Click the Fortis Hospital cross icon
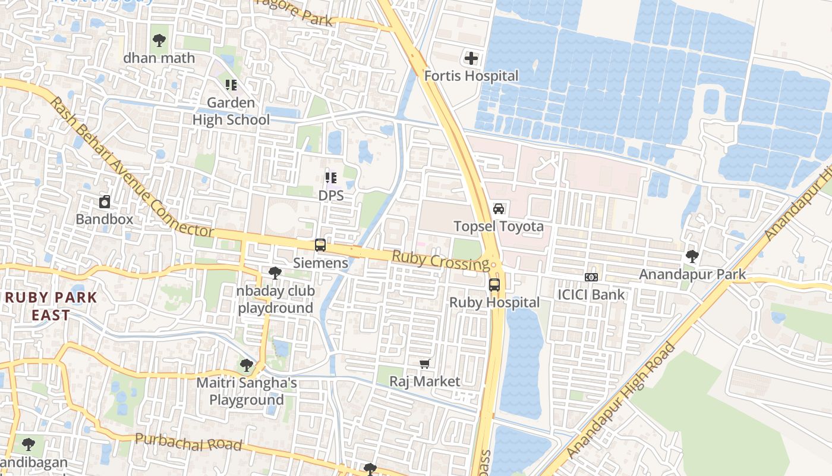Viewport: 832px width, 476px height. click(x=471, y=58)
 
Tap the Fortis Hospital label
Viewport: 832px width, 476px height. click(x=471, y=76)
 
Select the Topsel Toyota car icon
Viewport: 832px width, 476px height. click(x=499, y=209)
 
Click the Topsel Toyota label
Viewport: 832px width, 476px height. click(x=499, y=227)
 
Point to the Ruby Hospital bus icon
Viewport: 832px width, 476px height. click(x=494, y=285)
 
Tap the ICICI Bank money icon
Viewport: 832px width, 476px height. click(x=591, y=277)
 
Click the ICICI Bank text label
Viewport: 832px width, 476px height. click(x=591, y=295)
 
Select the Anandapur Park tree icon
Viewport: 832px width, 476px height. click(x=692, y=256)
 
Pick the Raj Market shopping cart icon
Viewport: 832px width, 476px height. click(x=425, y=364)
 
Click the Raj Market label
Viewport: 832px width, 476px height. click(x=425, y=381)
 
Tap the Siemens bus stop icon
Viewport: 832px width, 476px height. click(x=320, y=245)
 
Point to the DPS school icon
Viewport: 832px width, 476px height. click(x=331, y=177)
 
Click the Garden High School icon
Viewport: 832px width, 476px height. click(x=231, y=85)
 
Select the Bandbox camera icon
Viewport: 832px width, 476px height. click(x=105, y=202)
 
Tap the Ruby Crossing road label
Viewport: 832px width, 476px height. click(x=440, y=261)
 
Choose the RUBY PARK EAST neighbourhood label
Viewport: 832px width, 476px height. click(x=51, y=306)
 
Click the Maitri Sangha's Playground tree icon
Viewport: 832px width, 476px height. click(x=247, y=365)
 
